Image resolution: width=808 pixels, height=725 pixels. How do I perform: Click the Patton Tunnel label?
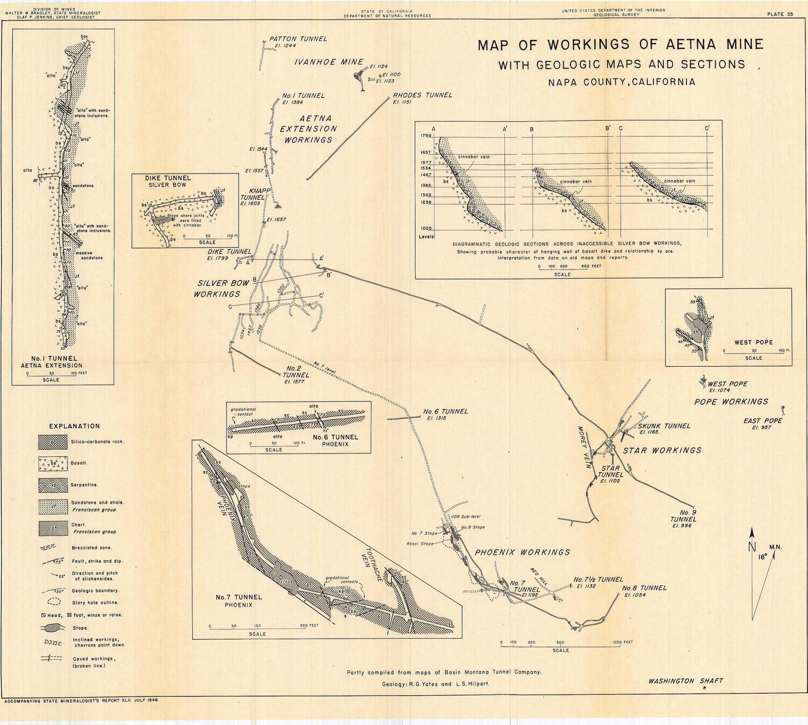point(298,39)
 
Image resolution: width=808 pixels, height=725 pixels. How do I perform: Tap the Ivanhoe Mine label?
point(321,62)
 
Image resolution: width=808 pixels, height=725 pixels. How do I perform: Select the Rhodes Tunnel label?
point(422,95)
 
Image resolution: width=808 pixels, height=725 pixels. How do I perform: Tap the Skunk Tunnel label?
point(664,426)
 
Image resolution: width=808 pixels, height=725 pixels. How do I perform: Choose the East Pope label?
point(763,421)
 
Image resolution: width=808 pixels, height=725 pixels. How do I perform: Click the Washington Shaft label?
point(685,681)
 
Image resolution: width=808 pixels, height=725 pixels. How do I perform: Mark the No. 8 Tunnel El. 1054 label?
point(644,588)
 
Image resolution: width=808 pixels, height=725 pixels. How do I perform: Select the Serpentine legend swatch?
point(53,485)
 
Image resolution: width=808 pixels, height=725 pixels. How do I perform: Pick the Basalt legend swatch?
point(53,463)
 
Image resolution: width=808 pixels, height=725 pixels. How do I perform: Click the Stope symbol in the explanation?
point(52,628)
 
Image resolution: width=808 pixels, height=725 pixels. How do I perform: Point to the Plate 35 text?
point(780,15)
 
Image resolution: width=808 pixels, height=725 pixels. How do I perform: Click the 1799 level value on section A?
point(426,137)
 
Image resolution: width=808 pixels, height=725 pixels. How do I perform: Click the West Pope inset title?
point(753,342)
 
